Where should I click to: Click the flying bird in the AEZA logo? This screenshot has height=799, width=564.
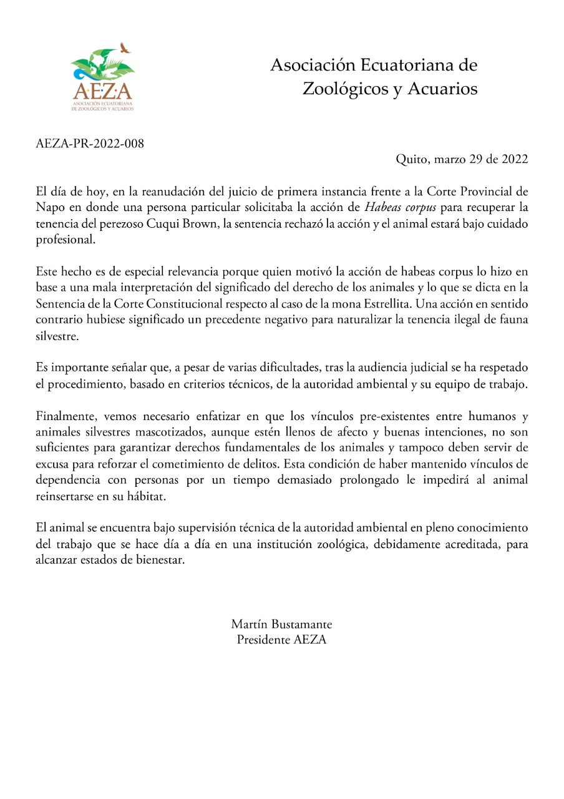tap(125, 47)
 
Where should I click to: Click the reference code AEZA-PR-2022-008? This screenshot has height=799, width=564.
tap(90, 144)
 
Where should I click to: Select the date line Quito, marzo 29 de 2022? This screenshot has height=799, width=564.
tap(462, 159)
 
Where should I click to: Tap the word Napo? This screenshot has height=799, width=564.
tap(47, 207)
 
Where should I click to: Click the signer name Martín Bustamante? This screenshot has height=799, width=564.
tap(281, 624)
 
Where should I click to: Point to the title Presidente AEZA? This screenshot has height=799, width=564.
tap(281, 639)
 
